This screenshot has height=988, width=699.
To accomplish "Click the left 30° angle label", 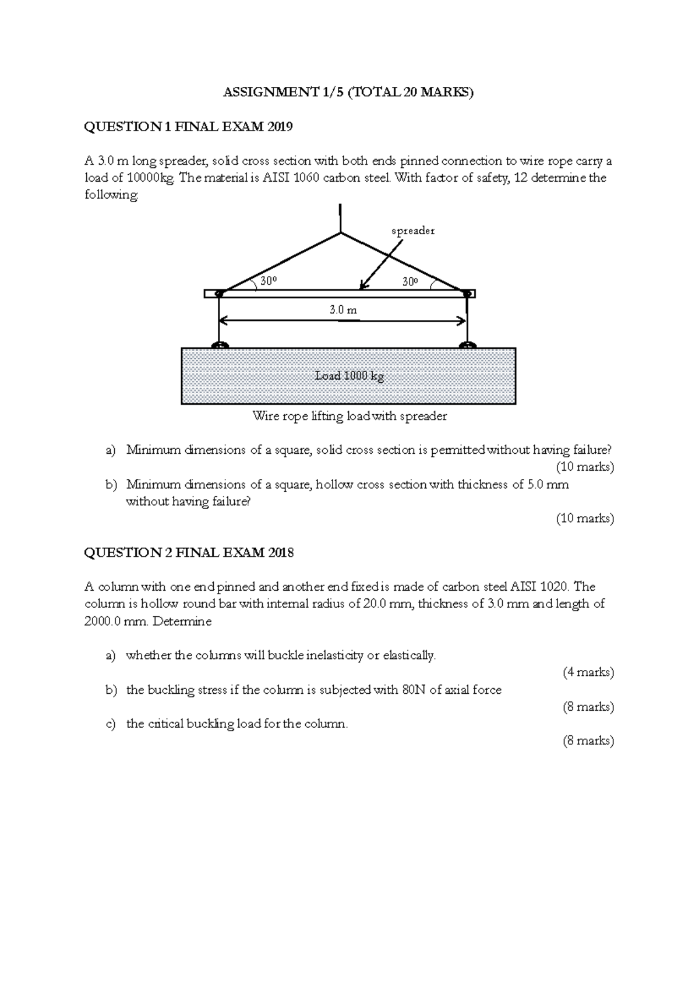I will click(x=268, y=281).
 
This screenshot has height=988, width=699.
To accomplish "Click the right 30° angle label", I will click(x=410, y=281).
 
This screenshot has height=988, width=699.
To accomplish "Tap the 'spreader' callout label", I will click(x=413, y=231).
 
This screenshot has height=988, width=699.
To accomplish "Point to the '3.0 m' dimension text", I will click(x=343, y=310).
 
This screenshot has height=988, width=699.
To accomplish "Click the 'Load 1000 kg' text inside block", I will click(x=349, y=376).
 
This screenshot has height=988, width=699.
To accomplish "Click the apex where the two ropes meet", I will click(x=340, y=233).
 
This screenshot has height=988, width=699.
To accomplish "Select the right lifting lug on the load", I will click(x=467, y=345).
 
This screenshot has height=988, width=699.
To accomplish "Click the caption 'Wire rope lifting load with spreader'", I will click(x=349, y=416).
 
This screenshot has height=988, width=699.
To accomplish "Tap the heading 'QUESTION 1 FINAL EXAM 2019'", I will click(x=188, y=126).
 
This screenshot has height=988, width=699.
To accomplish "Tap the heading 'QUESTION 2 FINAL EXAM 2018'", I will click(x=189, y=552).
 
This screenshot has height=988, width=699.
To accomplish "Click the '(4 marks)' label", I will click(x=588, y=672).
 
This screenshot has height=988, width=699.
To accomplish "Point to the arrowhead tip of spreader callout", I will click(x=361, y=288).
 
